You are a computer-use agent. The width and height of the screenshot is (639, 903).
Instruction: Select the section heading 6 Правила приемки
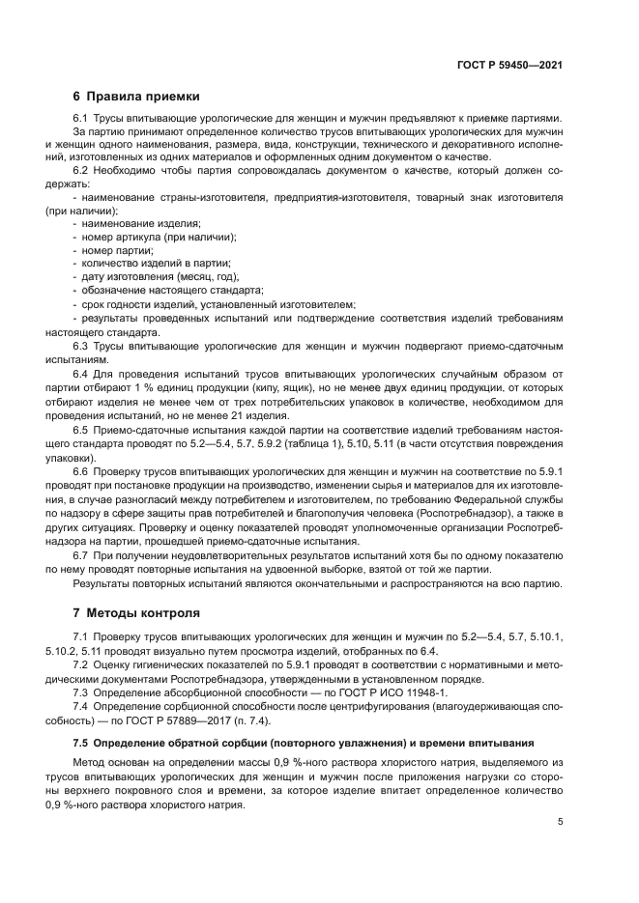[136, 97]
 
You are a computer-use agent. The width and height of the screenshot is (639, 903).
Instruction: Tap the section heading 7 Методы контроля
[136, 612]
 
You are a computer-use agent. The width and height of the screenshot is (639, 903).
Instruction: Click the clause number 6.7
[81, 557]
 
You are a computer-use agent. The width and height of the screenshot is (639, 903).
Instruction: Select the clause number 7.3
[81, 692]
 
